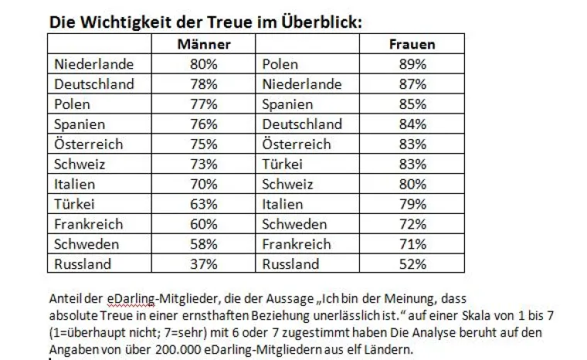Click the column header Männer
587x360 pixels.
tap(204, 44)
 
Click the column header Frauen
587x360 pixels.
tap(412, 44)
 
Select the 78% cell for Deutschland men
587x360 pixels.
tap(204, 84)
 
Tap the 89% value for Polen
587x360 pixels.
tap(412, 64)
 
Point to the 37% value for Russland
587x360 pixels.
tap(204, 264)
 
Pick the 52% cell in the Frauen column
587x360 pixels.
tap(412, 264)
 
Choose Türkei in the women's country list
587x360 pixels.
tap(283, 164)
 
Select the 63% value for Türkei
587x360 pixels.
tap(204, 204)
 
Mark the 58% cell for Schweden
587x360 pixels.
tap(204, 244)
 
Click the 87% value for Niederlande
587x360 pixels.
tap(412, 84)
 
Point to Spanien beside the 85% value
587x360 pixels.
tap(287, 104)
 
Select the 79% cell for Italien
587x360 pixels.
tap(412, 204)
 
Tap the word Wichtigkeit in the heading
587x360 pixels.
tap(124, 22)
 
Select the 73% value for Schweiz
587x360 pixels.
tap(204, 164)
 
